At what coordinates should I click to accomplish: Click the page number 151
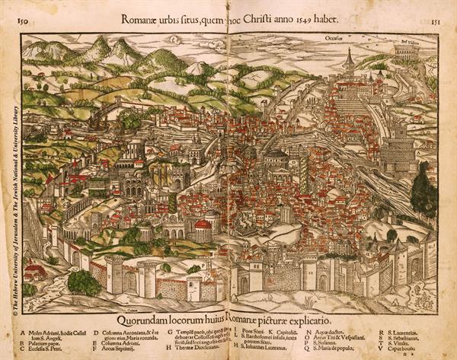point(434,24)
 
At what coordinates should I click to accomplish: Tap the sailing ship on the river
point(97,121)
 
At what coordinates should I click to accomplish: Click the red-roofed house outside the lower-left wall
point(35,270)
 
